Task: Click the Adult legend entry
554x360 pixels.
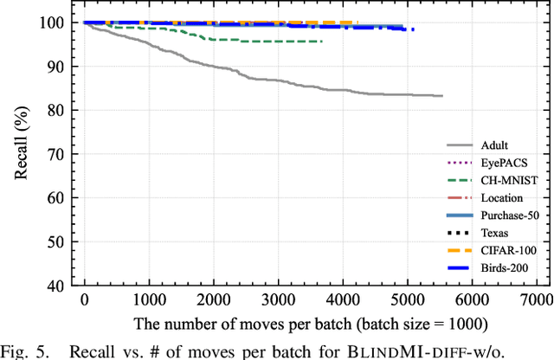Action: click(496, 146)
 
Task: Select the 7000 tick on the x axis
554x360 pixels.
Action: click(535, 299)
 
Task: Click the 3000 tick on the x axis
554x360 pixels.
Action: click(277, 299)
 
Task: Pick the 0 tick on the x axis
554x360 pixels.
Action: click(84, 299)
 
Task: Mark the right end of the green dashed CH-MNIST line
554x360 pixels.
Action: click(321, 42)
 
